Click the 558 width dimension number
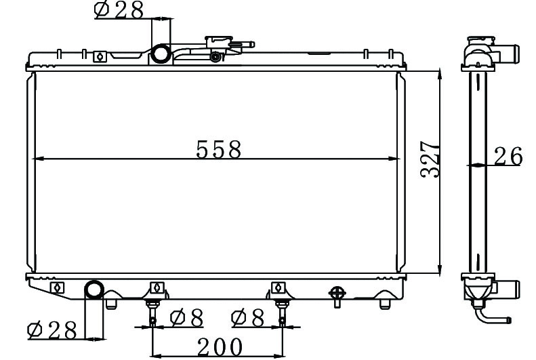click(x=219, y=149)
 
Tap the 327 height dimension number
click(x=430, y=159)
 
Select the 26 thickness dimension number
click(x=508, y=156)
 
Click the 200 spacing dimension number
click(x=220, y=347)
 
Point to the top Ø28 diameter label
click(x=119, y=10)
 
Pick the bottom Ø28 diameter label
click(x=52, y=330)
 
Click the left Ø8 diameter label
click(x=186, y=318)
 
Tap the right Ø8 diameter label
click(x=248, y=318)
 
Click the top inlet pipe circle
click(x=161, y=54)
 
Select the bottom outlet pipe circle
click(x=94, y=290)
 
